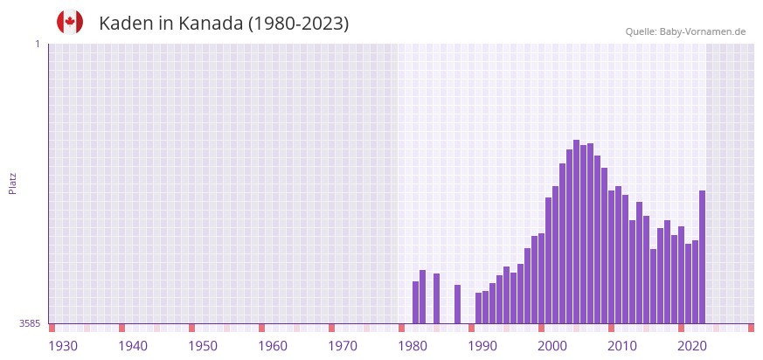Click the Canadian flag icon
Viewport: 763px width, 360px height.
click(70, 22)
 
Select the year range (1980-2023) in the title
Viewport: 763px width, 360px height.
click(298, 24)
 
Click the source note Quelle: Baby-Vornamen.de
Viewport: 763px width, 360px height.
click(685, 31)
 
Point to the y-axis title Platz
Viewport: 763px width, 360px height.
click(13, 183)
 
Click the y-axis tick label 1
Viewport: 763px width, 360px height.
click(38, 44)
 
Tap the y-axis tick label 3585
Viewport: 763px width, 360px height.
click(30, 323)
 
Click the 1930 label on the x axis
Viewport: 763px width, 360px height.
click(63, 346)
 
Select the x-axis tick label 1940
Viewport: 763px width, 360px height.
click(133, 346)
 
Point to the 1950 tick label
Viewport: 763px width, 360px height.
click(203, 346)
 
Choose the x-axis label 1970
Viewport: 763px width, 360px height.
click(343, 346)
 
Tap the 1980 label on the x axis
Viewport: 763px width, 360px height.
click(413, 346)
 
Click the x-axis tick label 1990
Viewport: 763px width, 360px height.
click(482, 346)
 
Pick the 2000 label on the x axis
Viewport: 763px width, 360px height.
click(552, 346)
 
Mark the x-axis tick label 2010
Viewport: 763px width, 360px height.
click(622, 346)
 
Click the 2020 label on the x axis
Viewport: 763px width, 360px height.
click(692, 346)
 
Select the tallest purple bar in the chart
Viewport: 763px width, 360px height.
click(576, 232)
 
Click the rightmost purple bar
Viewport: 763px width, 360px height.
click(702, 257)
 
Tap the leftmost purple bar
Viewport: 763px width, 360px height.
click(415, 302)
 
